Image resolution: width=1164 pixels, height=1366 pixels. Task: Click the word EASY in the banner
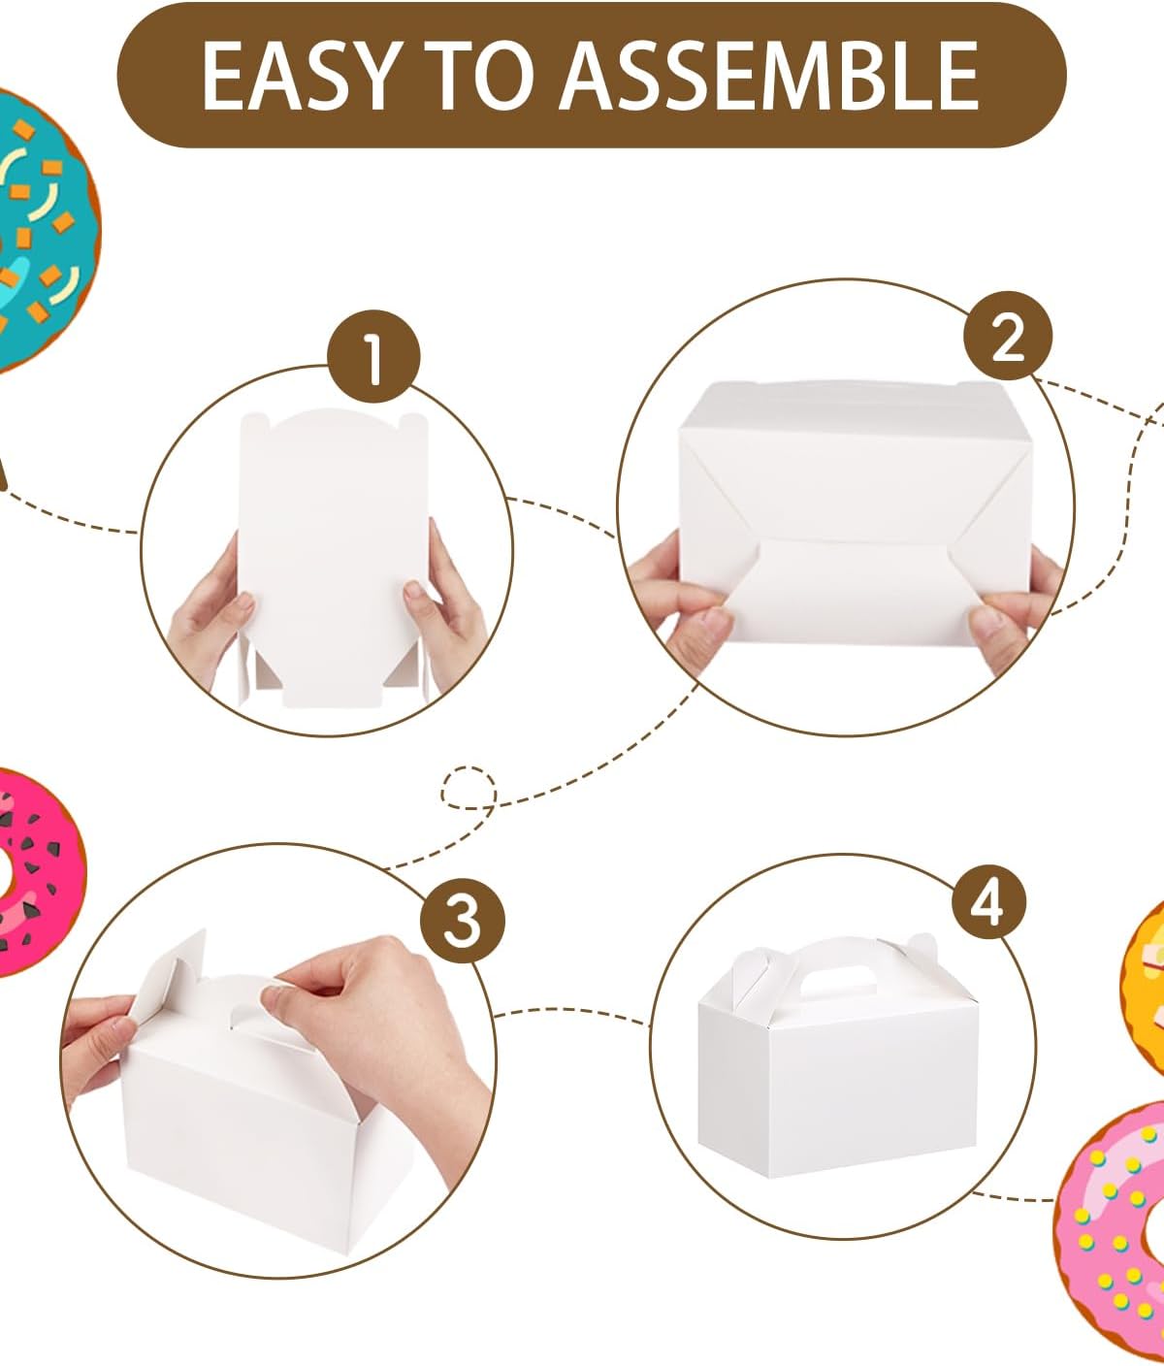tap(299, 76)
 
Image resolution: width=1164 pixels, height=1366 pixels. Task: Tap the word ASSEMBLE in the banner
tap(770, 76)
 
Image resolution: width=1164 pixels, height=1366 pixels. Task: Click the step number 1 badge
tap(373, 356)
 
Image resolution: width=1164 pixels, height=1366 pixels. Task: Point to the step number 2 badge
tap(1008, 335)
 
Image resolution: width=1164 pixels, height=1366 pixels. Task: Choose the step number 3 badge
tap(463, 922)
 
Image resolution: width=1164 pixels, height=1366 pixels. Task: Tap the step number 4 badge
tap(989, 902)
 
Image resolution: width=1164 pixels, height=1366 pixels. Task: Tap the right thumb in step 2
tap(991, 621)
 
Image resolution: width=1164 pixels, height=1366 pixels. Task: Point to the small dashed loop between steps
tap(469, 788)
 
